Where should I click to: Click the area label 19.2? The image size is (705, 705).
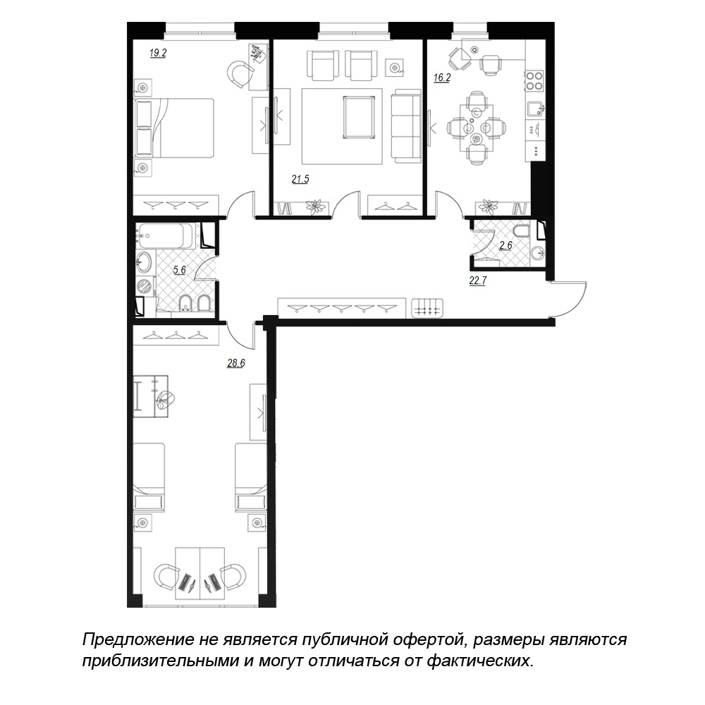tap(158, 53)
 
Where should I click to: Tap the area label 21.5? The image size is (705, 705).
tap(300, 179)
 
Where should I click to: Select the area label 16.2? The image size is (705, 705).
tap(442, 78)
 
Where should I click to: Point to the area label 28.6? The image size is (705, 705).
tap(235, 363)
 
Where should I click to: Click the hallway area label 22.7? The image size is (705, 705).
tap(478, 281)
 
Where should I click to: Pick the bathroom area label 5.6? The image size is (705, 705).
tap(179, 270)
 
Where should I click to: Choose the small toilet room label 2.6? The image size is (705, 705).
tap(505, 245)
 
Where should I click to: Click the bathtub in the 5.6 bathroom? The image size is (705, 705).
tap(166, 235)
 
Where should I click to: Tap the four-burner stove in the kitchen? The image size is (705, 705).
tap(535, 80)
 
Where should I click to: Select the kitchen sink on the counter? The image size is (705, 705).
tap(536, 108)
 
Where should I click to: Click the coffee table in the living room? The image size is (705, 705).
tap(358, 116)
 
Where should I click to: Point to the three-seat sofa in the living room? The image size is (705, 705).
tap(406, 125)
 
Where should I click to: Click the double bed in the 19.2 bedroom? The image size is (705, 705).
tap(174, 128)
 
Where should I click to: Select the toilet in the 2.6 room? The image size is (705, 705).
tap(522, 233)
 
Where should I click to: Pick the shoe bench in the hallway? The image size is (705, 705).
tap(428, 309)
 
